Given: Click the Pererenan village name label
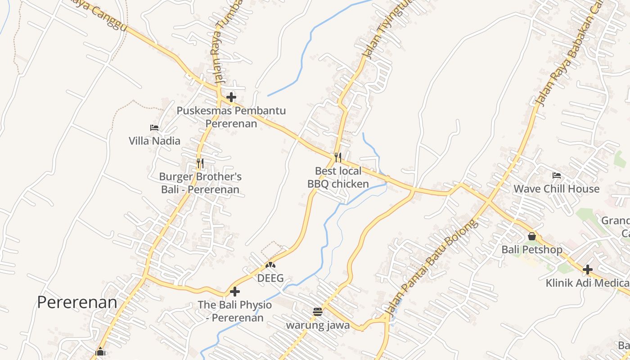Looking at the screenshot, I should [77, 302].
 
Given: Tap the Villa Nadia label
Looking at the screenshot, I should [154, 141].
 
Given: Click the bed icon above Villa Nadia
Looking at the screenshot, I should [154, 128].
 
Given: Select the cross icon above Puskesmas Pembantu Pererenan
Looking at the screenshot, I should [231, 97].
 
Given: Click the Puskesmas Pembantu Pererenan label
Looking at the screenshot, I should [231, 117].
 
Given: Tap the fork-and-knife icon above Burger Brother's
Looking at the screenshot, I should [200, 163].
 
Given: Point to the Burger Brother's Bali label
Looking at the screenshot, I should [200, 183].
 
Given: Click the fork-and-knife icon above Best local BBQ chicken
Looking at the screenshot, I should [338, 157].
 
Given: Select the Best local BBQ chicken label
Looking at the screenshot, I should [338, 177].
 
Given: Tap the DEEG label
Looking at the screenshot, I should [270, 278].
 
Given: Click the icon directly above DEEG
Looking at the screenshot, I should [270, 265].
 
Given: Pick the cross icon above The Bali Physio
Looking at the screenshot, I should [235, 292].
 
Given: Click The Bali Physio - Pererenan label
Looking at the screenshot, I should [235, 311].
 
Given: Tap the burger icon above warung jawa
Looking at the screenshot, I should [318, 311].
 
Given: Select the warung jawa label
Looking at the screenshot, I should [318, 325].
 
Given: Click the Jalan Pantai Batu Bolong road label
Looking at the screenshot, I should [432, 267].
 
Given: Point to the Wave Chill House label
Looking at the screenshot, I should [557, 189].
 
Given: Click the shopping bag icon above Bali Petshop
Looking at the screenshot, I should [532, 236].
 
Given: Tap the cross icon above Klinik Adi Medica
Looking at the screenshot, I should [588, 270].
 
